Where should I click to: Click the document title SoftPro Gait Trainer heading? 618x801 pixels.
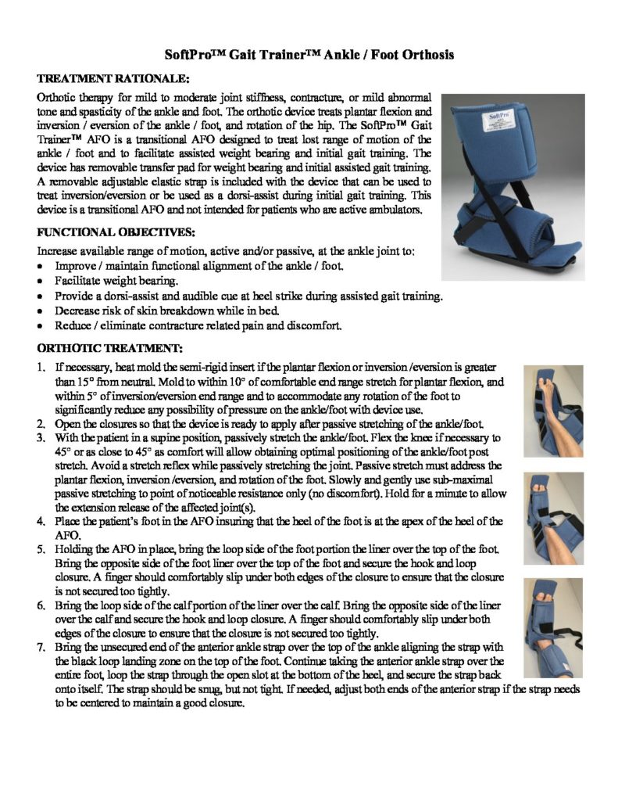(x=309, y=55)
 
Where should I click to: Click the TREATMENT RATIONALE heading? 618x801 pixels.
(x=113, y=80)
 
